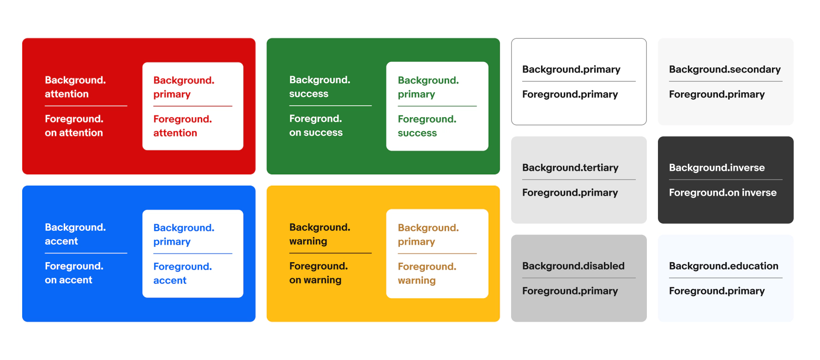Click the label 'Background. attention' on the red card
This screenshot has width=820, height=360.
[x=75, y=87]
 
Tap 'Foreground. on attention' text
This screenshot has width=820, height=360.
[x=74, y=126]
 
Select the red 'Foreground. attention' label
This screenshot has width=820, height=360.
[x=182, y=126]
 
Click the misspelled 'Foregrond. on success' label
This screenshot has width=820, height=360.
[x=316, y=126]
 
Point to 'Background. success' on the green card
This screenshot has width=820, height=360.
[x=320, y=87]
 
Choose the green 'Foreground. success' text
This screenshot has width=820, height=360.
[x=427, y=126]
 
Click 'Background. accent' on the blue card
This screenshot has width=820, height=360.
[x=75, y=234]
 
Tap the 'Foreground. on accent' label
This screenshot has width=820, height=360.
[x=74, y=273]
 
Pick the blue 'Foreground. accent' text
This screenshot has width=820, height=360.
[x=182, y=273]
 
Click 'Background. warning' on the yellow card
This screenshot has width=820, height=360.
[x=320, y=234]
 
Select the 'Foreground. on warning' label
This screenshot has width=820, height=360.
[x=318, y=273]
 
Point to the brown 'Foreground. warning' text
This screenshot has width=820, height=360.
[x=427, y=273]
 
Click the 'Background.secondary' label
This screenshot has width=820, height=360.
[x=725, y=70]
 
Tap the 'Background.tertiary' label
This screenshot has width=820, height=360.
[x=570, y=168]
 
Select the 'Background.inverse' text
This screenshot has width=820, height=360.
[x=717, y=168]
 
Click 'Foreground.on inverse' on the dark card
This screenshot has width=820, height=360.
[x=723, y=192]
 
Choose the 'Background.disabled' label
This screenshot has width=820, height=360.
[x=573, y=266]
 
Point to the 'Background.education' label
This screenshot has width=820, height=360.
[x=724, y=266]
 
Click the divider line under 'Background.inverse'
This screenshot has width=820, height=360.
[x=726, y=180]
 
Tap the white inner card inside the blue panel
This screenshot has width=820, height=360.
[x=193, y=254]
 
